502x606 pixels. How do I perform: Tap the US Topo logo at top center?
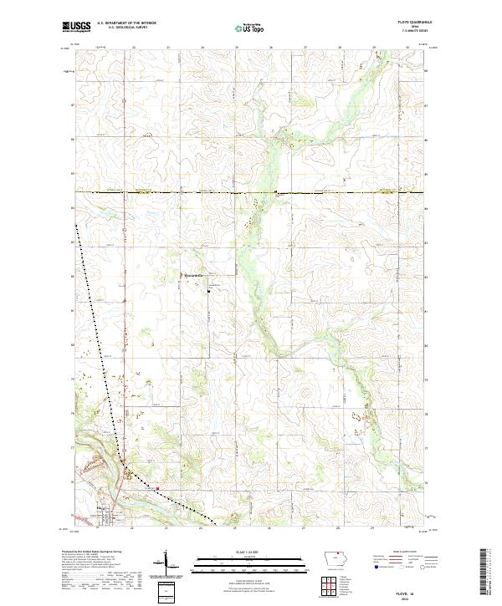248,28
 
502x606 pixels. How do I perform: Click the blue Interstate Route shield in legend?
373,576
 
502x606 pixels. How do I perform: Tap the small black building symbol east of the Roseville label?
208,291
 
